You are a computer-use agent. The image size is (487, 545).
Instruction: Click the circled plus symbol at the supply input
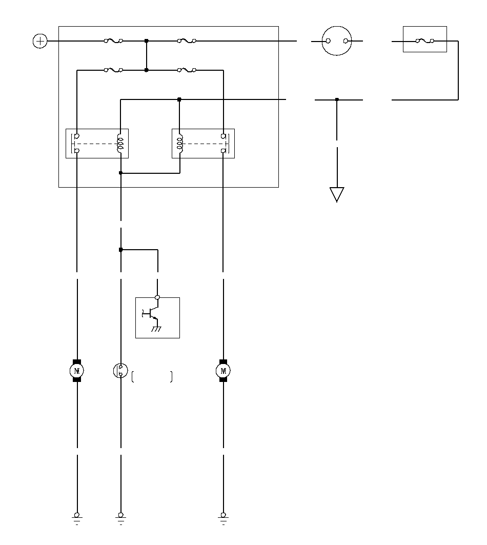(x=40, y=41)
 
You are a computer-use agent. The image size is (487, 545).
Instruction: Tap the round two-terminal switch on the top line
(x=337, y=41)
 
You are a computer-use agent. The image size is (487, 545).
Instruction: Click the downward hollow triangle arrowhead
(x=337, y=194)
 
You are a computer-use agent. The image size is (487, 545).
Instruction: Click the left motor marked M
(x=77, y=370)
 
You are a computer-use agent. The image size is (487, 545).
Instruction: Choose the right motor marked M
(x=223, y=370)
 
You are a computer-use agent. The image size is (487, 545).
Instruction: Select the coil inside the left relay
(x=120, y=144)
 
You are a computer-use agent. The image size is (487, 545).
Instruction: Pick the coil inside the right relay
(x=180, y=144)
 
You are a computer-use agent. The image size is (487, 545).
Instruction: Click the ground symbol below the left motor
(x=77, y=517)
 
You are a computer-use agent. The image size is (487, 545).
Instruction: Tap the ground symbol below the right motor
(x=223, y=517)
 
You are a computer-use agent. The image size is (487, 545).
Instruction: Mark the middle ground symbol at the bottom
(x=120, y=517)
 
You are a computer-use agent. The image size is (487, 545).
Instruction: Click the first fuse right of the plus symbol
(x=113, y=41)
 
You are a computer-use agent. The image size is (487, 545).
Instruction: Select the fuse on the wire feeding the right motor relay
(x=187, y=70)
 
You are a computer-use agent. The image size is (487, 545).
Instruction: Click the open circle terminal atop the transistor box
(x=157, y=297)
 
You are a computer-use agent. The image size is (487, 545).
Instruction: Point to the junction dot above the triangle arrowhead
(x=337, y=99)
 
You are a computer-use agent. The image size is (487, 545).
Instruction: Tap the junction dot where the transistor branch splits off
(x=120, y=250)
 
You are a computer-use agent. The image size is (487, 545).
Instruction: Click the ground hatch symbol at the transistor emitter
(x=156, y=329)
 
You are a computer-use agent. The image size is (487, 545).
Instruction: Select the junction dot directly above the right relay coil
(x=179, y=99)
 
